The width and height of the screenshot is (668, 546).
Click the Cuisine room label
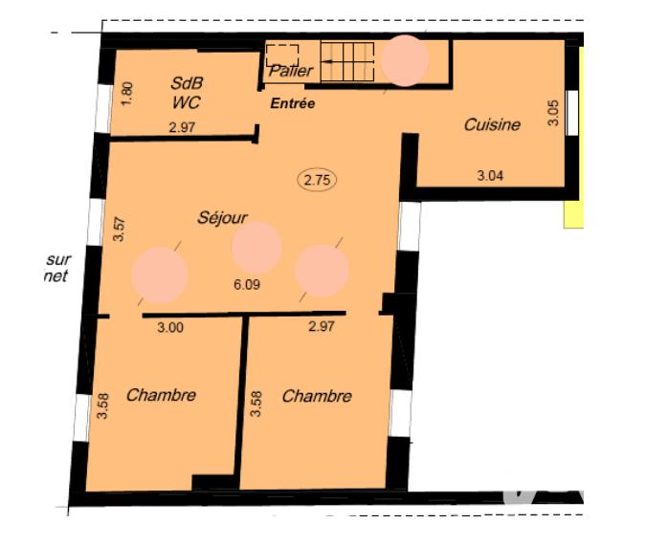click(492, 124)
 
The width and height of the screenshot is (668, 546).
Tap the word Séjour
click(222, 217)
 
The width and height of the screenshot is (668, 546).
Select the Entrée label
click(293, 103)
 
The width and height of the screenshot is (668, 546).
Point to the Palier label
click(291, 71)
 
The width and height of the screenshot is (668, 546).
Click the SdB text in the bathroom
click(186, 82)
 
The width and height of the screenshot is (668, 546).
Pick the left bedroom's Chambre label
click(161, 394)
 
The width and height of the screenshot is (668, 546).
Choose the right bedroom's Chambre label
click(316, 396)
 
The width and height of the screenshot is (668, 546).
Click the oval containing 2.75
click(319, 179)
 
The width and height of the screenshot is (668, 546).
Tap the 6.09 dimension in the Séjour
click(247, 284)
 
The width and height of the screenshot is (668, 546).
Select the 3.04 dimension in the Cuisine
click(490, 174)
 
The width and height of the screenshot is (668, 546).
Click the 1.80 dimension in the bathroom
click(128, 93)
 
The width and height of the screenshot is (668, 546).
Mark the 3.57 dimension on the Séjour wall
click(120, 230)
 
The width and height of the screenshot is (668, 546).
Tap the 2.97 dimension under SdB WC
click(182, 128)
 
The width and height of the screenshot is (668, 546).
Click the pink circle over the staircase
click(405, 60)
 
